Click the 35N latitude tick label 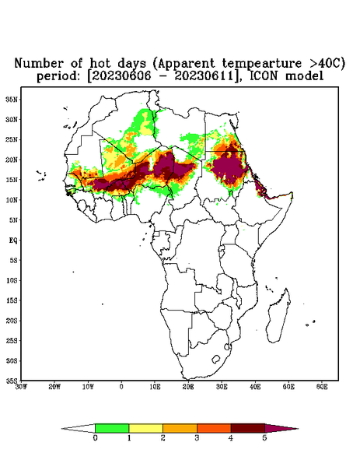click(x=12, y=99)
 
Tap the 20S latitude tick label click(x=12, y=321)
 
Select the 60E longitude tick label click(x=322, y=387)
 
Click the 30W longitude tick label click(x=21, y=387)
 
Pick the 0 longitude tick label click(x=121, y=387)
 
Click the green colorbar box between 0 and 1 click(x=112, y=428)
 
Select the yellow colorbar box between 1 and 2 click(x=145, y=428)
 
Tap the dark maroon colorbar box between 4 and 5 click(x=248, y=428)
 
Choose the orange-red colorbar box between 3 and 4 click(x=214, y=428)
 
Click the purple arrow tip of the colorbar click(x=298, y=429)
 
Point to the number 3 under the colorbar click(x=197, y=438)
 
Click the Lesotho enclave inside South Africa click(x=215, y=359)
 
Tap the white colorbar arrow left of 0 click(x=78, y=429)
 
